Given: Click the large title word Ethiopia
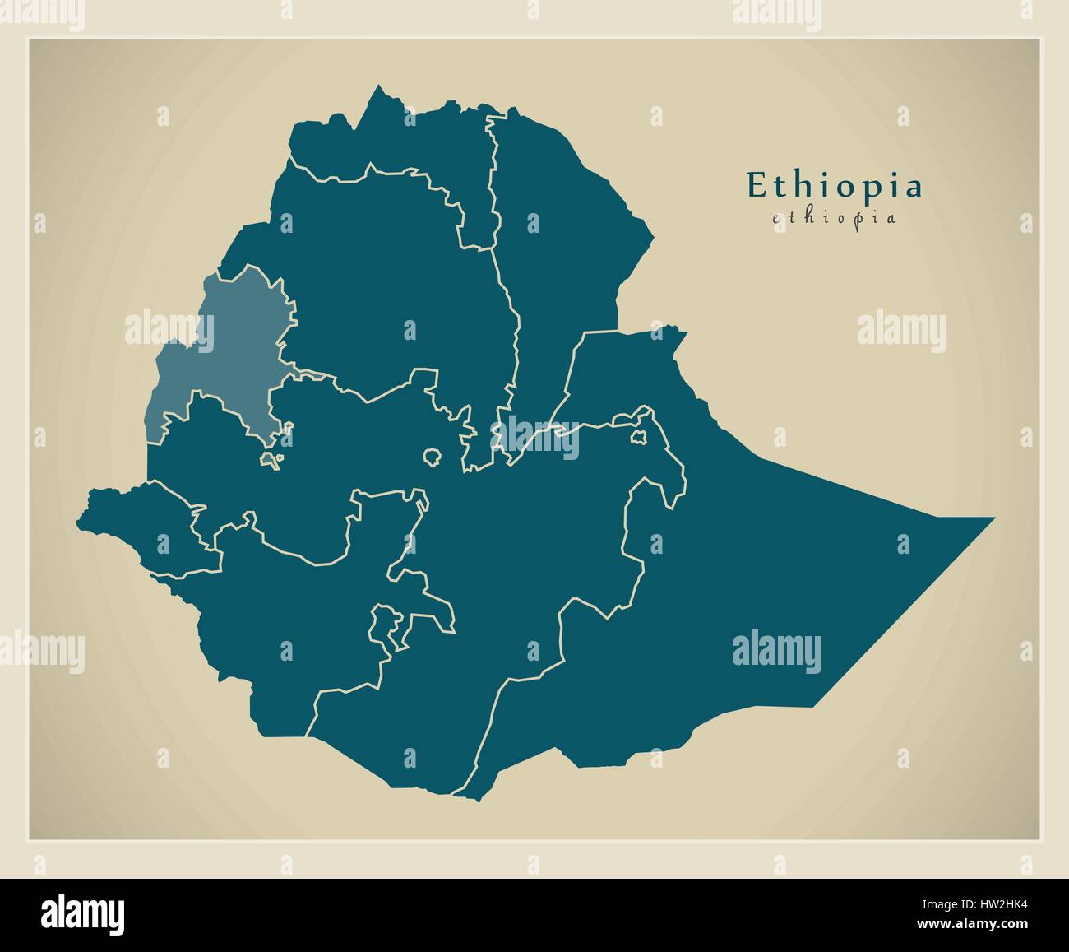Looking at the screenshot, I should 834,186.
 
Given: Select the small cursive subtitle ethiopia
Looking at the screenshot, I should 834,218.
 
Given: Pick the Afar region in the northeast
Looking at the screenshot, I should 559,247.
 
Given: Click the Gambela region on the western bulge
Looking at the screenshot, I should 148,518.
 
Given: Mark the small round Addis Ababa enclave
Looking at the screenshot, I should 432,455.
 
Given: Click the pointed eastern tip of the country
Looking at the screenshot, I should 991,518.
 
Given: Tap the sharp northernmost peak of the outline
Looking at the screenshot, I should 379,86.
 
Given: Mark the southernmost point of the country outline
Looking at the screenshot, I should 473,798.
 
